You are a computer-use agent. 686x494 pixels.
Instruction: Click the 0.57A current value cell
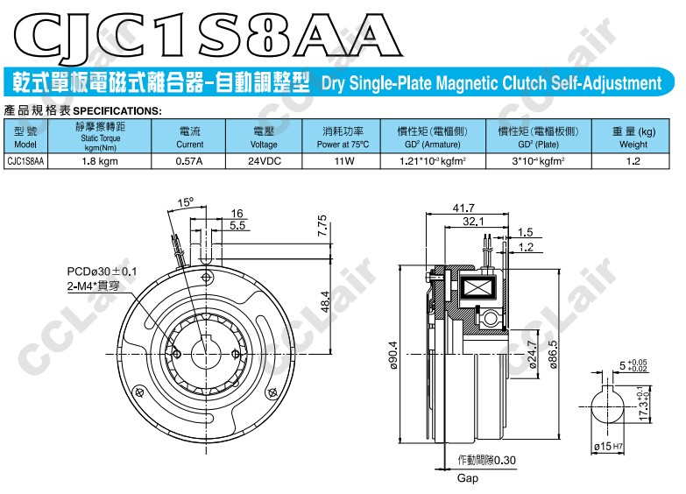tap(188, 161)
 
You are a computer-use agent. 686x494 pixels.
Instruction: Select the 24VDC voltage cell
tap(264, 161)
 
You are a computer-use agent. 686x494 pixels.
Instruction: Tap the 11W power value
tap(343, 161)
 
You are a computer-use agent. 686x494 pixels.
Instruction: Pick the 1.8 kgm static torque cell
tap(100, 161)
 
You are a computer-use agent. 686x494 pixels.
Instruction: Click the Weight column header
tap(633, 137)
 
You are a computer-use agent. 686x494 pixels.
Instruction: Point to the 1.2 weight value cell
tap(633, 161)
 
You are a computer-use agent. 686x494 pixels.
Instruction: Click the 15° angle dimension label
tap(185, 202)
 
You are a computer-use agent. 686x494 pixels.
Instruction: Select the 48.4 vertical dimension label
tap(325, 302)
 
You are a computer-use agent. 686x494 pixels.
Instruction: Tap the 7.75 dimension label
tap(322, 225)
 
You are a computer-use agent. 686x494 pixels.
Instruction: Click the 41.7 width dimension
tap(463, 208)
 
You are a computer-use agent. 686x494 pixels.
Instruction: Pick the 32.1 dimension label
tap(473, 222)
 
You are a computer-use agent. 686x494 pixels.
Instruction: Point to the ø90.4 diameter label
tap(393, 355)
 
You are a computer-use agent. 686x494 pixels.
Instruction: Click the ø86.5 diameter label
tap(553, 355)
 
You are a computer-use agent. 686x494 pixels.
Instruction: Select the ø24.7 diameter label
tap(533, 355)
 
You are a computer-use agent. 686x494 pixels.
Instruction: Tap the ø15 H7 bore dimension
tap(609, 447)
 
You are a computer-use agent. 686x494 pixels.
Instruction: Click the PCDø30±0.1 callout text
tap(102, 272)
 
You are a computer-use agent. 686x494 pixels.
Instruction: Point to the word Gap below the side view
tap(467, 478)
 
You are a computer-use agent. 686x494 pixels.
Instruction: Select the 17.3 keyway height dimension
tap(643, 404)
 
